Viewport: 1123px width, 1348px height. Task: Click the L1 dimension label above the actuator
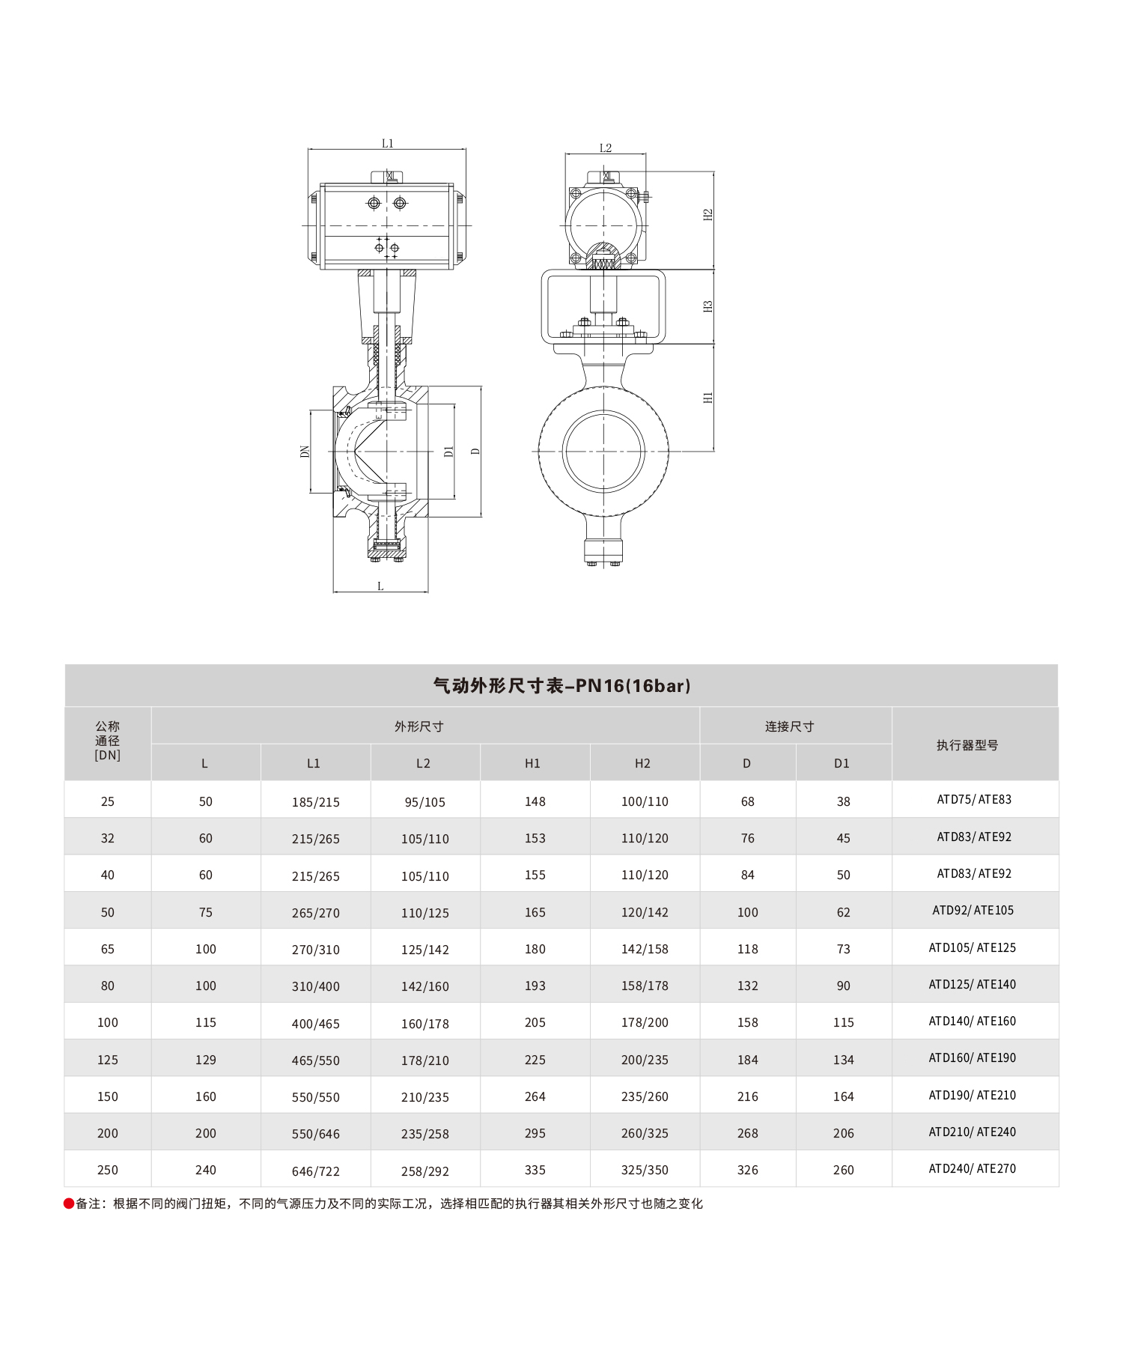[387, 143]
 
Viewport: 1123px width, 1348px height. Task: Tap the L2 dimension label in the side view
[606, 148]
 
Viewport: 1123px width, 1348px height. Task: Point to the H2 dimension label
[707, 215]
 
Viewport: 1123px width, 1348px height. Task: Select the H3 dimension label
[707, 306]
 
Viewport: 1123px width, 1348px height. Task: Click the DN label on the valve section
[305, 452]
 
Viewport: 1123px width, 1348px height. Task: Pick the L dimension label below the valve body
[380, 586]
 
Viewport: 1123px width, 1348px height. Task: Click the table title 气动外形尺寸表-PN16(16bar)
[561, 685]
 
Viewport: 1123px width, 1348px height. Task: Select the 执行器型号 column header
[967, 745]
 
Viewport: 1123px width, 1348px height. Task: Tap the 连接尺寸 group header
[789, 726]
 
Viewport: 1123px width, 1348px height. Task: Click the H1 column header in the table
[532, 763]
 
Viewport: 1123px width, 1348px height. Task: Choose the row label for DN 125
[108, 1060]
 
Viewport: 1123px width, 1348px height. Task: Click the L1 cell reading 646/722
[316, 1171]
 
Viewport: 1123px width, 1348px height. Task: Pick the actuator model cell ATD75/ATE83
[974, 800]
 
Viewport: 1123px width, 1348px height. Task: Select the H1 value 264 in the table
[535, 1096]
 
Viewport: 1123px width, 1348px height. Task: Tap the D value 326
[747, 1170]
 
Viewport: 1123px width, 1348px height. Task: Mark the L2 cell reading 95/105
[425, 802]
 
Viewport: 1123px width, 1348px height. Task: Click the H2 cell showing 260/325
[645, 1133]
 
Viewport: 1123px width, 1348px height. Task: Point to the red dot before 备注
[69, 1203]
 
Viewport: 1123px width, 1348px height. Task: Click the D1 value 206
[843, 1133]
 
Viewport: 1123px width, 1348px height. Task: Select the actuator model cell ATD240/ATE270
[973, 1169]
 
